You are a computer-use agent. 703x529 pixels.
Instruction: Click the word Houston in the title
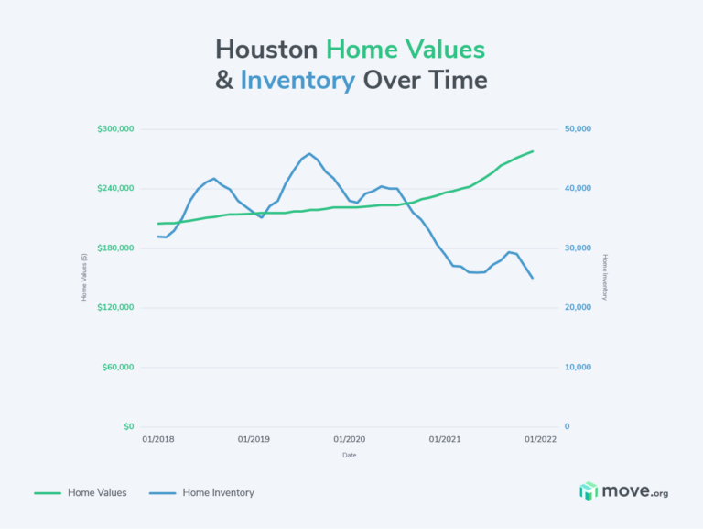pos(266,50)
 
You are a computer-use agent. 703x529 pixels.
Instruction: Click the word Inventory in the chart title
pos(297,81)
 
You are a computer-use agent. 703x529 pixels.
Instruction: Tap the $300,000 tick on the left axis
pos(115,129)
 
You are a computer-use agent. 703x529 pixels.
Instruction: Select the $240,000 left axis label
pos(115,189)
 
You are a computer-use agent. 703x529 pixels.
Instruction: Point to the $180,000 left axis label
pos(115,248)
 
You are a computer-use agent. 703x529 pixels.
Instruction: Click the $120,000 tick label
pos(115,307)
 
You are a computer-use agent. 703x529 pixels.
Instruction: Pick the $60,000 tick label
pos(118,368)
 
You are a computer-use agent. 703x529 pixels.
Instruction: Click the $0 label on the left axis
pos(128,427)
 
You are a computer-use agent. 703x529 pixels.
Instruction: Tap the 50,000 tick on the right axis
pos(578,129)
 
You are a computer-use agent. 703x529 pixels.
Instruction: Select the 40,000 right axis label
pos(578,189)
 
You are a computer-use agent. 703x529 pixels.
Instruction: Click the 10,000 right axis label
pos(578,368)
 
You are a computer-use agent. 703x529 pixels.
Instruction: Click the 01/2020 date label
pos(350,439)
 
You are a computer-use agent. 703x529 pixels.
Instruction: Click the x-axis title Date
pos(350,455)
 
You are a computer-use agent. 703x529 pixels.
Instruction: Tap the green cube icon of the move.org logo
pos(589,492)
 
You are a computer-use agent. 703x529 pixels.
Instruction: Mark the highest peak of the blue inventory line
pos(309,153)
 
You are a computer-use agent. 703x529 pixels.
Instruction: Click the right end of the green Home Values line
pos(533,151)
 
